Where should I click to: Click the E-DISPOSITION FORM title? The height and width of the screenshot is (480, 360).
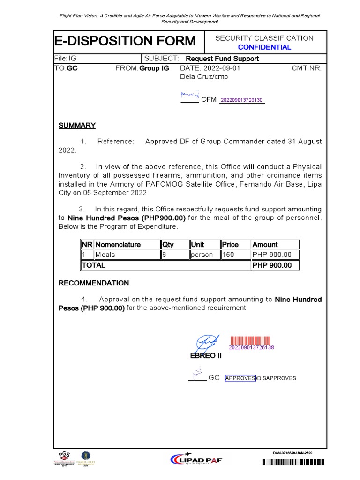click(x=125, y=41)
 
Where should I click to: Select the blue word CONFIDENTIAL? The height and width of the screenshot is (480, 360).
click(x=264, y=47)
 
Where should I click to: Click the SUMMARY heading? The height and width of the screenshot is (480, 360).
click(x=77, y=126)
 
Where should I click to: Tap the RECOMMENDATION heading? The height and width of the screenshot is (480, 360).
click(x=93, y=283)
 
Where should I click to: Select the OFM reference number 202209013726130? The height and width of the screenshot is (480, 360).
click(x=241, y=100)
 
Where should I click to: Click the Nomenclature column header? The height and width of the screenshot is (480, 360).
click(x=118, y=245)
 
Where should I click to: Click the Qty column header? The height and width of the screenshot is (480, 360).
click(x=168, y=245)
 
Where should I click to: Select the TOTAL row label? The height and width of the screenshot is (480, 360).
click(x=94, y=265)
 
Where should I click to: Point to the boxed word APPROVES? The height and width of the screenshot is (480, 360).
click(x=240, y=378)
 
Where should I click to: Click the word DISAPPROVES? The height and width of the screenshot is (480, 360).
click(x=276, y=378)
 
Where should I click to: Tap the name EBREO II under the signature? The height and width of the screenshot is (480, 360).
click(x=205, y=356)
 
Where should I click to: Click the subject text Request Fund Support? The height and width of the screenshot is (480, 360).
click(x=222, y=59)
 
